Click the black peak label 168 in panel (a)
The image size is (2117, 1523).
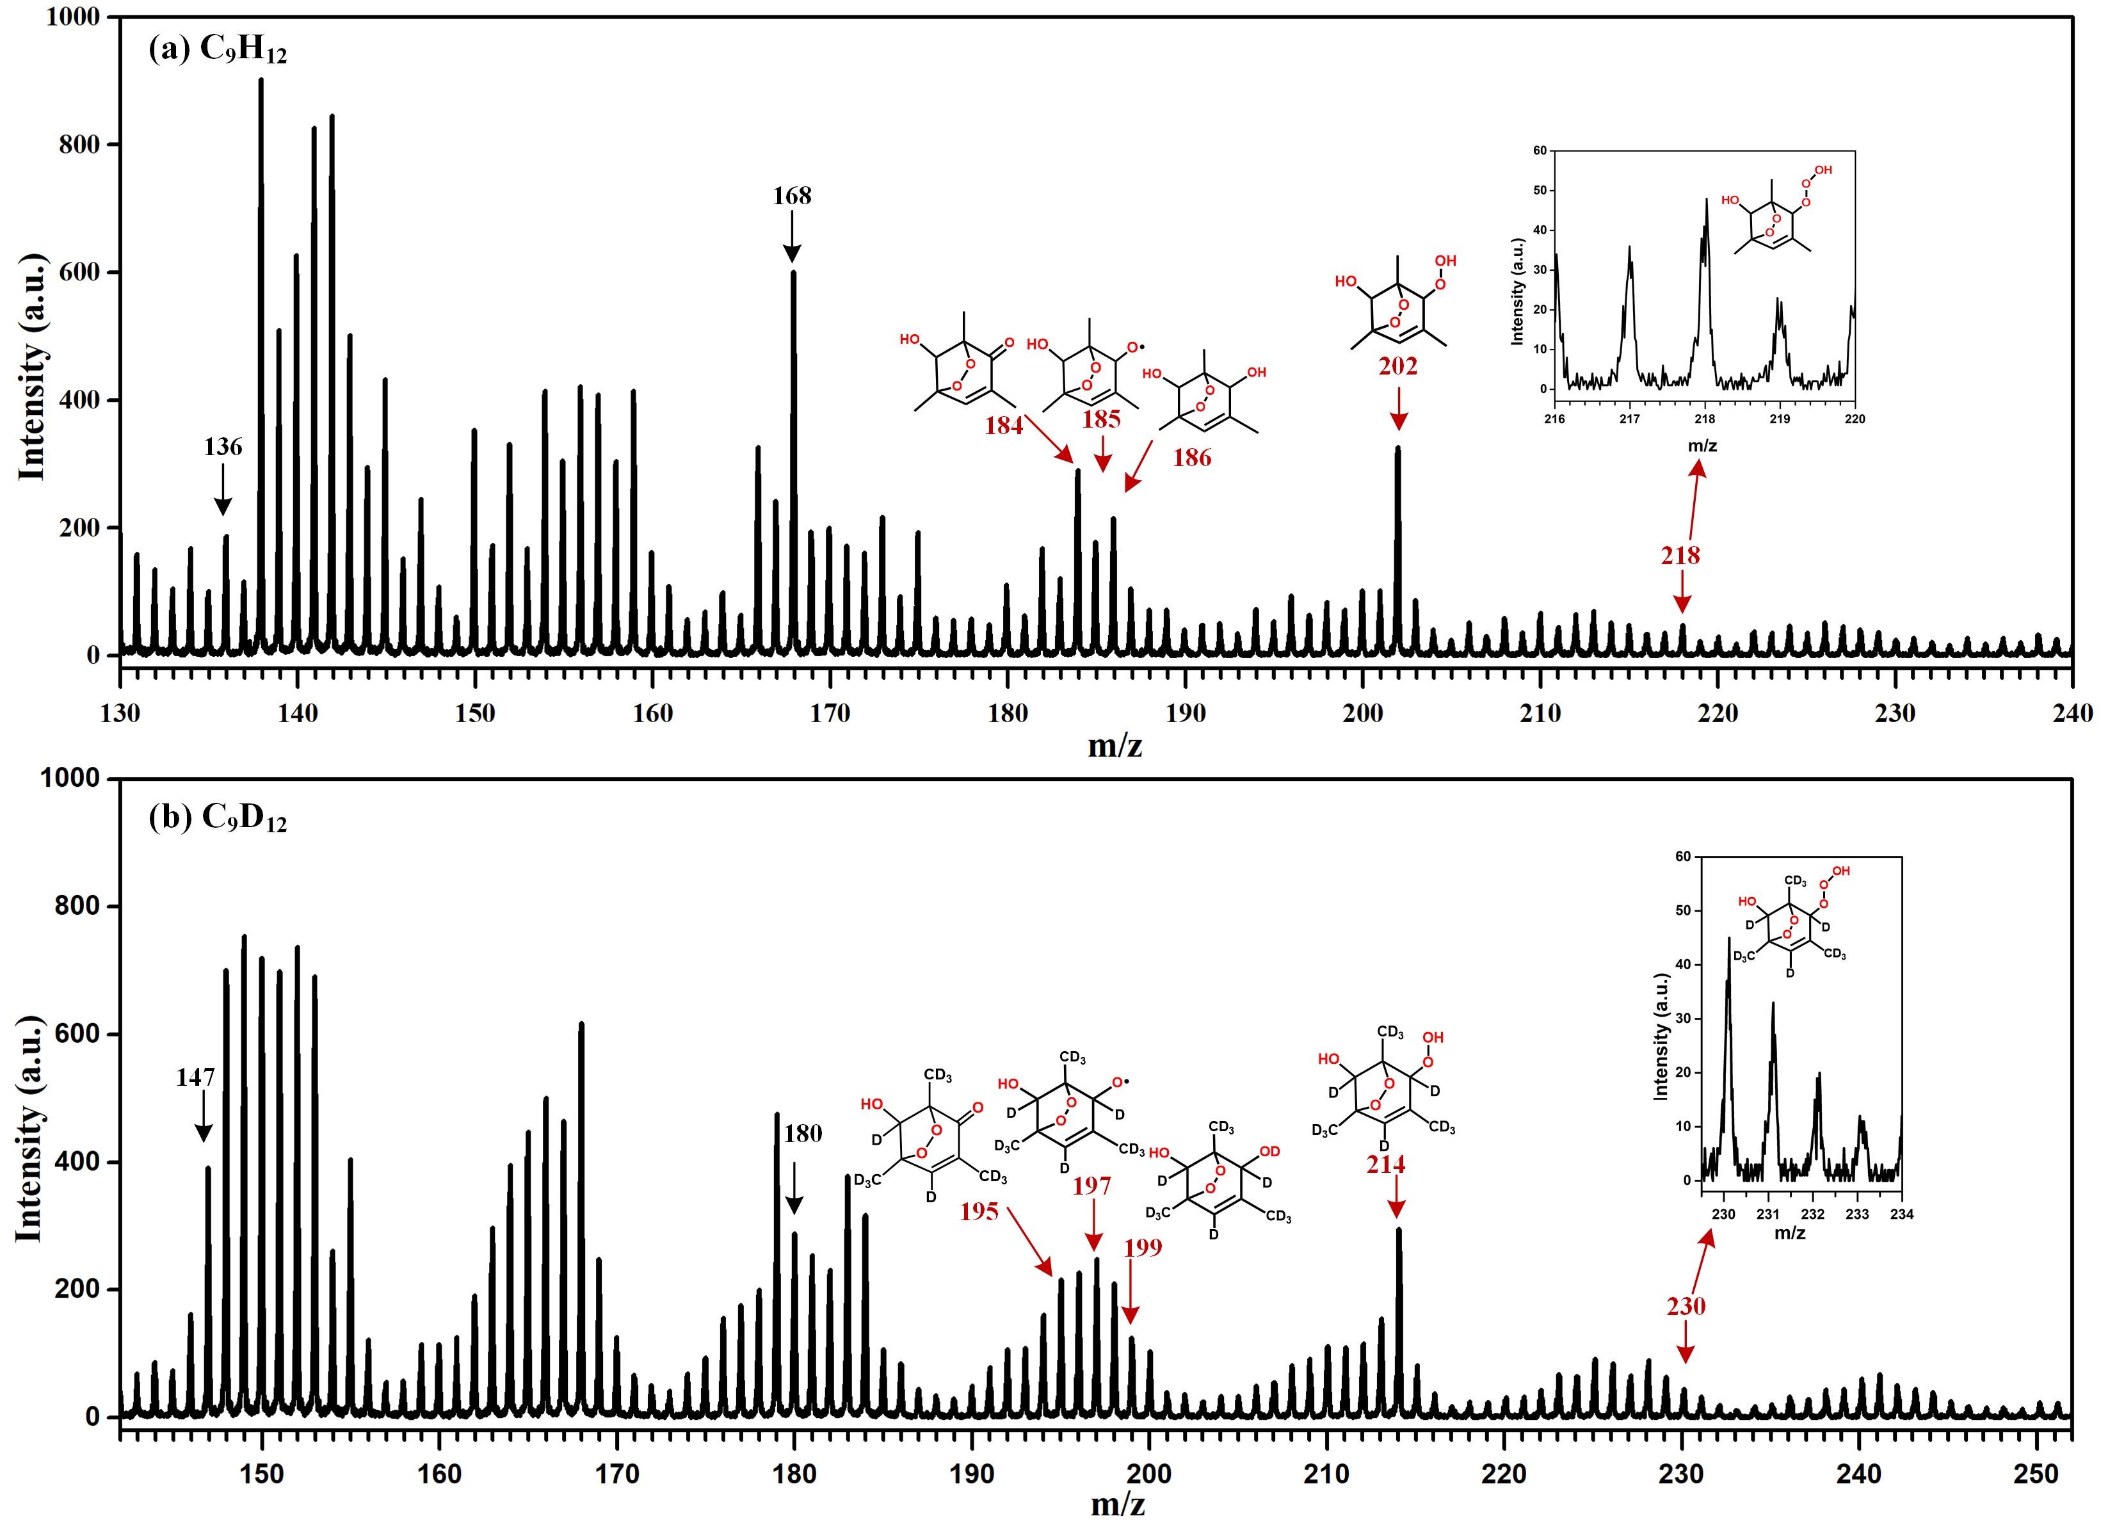[791, 196]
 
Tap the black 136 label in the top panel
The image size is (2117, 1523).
[222, 447]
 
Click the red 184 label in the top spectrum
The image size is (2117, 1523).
[1003, 426]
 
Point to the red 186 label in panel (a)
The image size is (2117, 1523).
[1192, 457]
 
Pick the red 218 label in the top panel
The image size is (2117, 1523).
[1680, 555]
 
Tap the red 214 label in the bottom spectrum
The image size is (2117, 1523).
[1385, 1164]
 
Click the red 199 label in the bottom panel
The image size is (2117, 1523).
[1143, 1248]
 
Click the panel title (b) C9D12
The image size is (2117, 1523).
[218, 818]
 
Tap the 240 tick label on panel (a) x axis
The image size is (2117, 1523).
[2072, 714]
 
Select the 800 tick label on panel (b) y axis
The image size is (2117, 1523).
[74, 906]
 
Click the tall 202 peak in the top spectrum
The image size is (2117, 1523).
[1397, 551]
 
